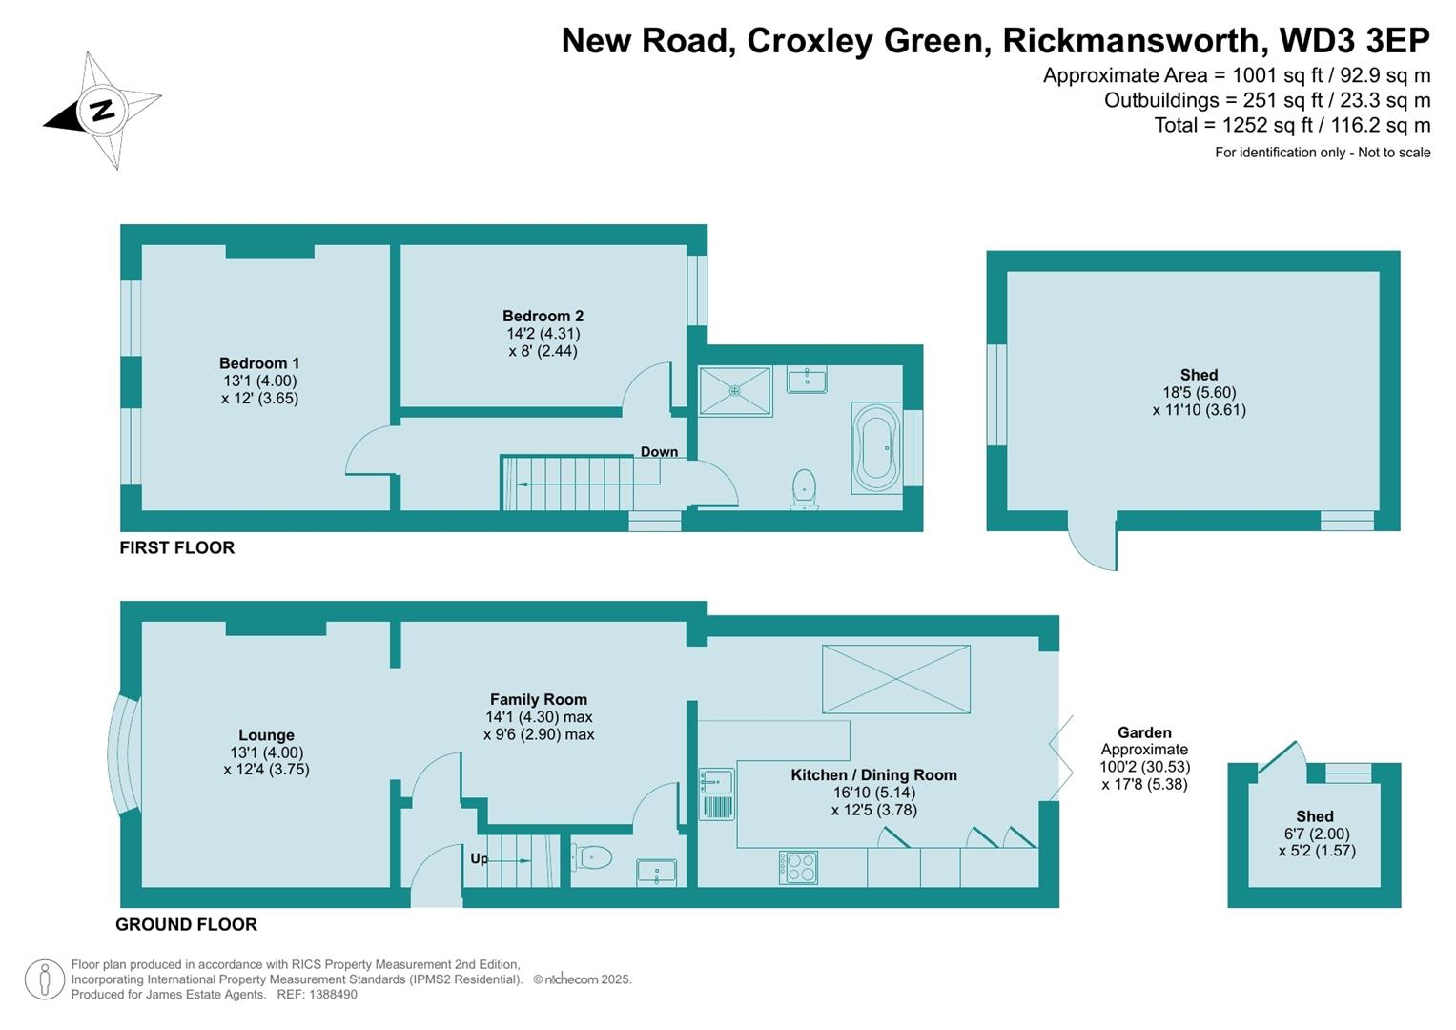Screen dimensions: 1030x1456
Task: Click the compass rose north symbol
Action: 100,110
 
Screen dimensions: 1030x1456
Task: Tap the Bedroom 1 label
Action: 259,363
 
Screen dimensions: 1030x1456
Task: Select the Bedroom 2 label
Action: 543,317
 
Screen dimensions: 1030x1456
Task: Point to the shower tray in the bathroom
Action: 734,391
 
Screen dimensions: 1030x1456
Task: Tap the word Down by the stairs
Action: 659,452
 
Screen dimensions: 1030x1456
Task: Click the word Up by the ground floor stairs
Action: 479,859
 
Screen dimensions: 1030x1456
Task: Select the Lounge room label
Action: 266,735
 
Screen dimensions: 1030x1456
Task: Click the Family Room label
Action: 539,700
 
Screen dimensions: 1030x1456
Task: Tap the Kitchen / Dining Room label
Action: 873,775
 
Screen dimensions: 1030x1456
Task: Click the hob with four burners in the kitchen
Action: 799,867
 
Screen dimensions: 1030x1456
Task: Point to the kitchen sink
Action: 715,782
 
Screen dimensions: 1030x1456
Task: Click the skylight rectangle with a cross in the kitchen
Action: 895,678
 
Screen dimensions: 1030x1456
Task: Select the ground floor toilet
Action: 593,857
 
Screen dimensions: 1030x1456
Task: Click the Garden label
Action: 1144,733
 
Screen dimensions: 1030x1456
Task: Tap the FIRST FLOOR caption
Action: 176,548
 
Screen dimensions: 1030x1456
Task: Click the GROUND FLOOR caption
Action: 186,925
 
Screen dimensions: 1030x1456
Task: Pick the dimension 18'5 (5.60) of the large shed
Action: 1199,393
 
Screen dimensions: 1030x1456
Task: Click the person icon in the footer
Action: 44,979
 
